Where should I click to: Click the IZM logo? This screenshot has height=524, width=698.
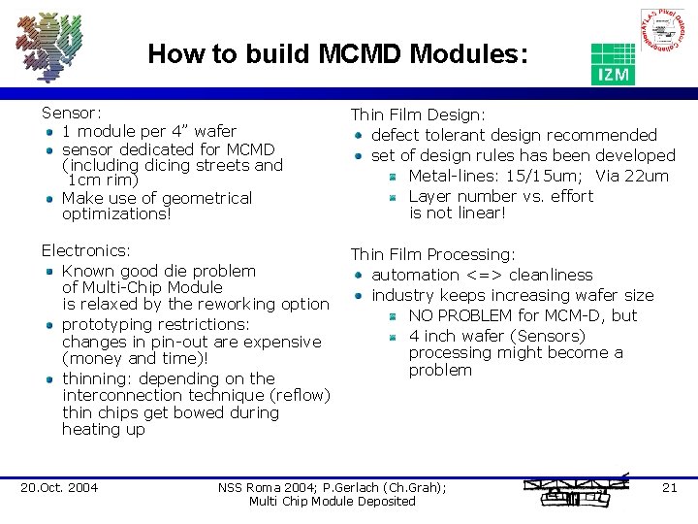click(x=613, y=63)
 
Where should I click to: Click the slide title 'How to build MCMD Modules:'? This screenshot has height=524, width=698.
click(x=338, y=54)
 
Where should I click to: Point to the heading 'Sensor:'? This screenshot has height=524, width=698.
click(x=72, y=113)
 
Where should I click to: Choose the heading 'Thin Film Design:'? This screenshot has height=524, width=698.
click(x=418, y=115)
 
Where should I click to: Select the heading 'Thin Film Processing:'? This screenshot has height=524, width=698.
click(x=432, y=254)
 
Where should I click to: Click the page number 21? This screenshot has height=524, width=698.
click(x=669, y=487)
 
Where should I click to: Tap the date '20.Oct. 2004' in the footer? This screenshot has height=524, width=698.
click(x=59, y=487)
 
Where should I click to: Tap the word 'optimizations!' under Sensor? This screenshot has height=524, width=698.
click(x=115, y=213)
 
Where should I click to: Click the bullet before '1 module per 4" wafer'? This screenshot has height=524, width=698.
click(x=48, y=131)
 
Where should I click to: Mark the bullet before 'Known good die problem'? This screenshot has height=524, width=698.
click(x=48, y=271)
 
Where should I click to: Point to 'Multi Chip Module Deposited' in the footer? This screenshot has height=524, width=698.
click(x=332, y=501)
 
